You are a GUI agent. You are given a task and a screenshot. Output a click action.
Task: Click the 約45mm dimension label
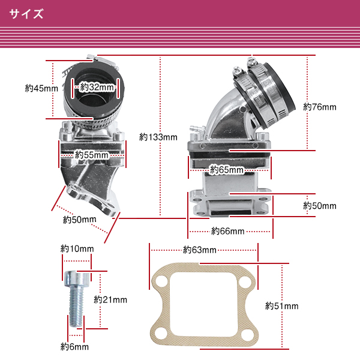coord(41,88)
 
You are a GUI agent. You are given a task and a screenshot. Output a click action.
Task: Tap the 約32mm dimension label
coord(97,87)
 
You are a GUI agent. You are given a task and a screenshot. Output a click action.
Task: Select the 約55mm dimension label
coord(92,155)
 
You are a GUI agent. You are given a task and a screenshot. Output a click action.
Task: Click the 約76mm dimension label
coord(320,107)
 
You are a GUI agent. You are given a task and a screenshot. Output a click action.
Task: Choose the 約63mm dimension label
coord(199,250)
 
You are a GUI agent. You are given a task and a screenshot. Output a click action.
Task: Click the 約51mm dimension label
coord(281,306)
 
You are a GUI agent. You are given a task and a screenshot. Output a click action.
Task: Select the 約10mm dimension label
coord(77,248)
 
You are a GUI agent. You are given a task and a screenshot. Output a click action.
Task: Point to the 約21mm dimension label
coord(110,299)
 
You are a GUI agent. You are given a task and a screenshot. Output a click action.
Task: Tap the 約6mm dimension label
coord(74,347)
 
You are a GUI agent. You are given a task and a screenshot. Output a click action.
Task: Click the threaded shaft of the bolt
coord(76,309)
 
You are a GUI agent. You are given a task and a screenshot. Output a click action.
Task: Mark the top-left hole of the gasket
coord(160,284)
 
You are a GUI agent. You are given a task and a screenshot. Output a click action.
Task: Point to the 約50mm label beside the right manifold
coord(320,206)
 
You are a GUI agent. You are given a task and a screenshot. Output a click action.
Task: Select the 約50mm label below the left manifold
coord(79,220)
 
